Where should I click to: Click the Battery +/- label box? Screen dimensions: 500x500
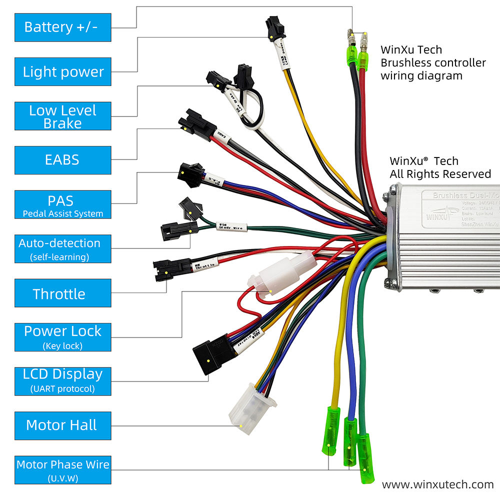point(62,27)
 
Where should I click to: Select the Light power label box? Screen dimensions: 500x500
point(62,71)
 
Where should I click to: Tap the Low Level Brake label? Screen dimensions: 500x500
point(62,116)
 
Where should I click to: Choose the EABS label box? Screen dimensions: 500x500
point(62,160)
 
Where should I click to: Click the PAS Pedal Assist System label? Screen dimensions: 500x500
point(62,204)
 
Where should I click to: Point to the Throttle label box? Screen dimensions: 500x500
point(62,293)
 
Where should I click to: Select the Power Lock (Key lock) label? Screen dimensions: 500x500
point(62,337)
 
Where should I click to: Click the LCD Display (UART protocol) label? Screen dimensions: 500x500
point(62,380)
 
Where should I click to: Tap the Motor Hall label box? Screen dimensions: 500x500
point(62,425)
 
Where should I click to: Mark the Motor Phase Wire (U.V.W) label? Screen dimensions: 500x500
point(62,469)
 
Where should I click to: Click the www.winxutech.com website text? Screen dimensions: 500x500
point(437,484)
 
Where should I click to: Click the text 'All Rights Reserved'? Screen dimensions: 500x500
point(440,174)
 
